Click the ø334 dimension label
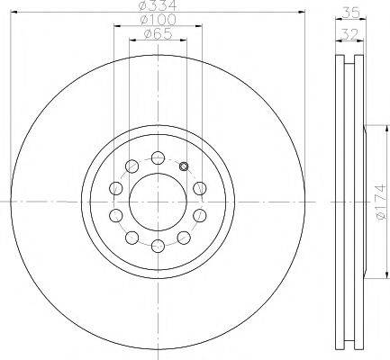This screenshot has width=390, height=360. coord(158,4)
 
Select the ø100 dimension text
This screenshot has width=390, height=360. coord(158,20)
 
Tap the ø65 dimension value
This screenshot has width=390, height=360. coord(158,34)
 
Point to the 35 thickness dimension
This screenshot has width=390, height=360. coord(351,13)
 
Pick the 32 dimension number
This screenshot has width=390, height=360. coord(350,34)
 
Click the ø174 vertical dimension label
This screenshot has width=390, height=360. coord(380,202)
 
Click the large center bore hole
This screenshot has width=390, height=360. coord(159,202)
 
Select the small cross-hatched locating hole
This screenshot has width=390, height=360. coord(184,166)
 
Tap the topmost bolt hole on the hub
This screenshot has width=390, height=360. coord(158,157)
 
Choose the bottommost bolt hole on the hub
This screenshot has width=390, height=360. coord(158,246)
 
